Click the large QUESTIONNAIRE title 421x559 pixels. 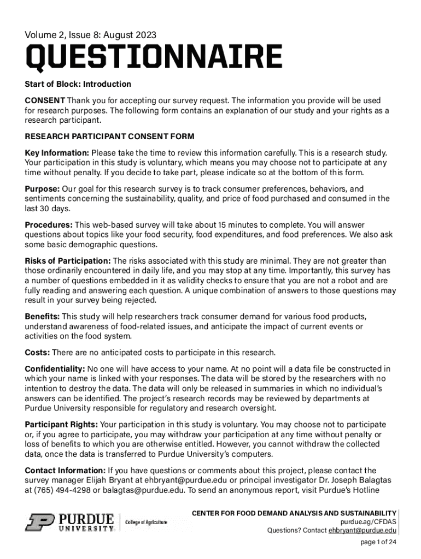pos(154,58)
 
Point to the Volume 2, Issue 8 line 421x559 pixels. pos(90,35)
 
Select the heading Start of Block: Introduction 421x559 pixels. pos(78,84)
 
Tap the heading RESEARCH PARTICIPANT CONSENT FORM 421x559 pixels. pos(109,136)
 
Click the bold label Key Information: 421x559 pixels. pos(57,153)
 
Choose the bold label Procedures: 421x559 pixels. pos(49,225)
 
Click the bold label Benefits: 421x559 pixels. pos(43,317)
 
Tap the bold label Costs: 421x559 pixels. pos(38,352)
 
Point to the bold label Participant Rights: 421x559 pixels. pos(62,424)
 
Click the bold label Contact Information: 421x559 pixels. pos(65,471)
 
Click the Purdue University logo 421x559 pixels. pos(69,522)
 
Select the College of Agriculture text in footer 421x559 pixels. pos(147,522)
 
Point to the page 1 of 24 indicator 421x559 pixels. pos(378,542)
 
